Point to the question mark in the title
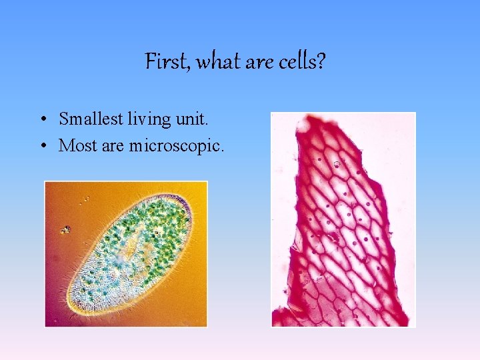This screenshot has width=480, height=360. pos(321,61)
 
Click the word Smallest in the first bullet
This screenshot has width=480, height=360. pos(91,119)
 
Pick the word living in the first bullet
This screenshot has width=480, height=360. pos(149,119)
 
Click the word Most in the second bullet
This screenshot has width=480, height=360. pos(78,145)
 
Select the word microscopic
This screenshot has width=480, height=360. pos(174,146)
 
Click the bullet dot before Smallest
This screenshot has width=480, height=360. pos(44,119)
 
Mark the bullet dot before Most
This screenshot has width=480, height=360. pos(44,146)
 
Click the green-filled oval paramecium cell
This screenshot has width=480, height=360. pos(130,255)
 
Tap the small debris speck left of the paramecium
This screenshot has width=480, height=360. pos(65,229)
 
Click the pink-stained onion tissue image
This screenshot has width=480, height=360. pos(343,219)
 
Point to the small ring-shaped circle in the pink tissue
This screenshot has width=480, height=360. pos(337,165)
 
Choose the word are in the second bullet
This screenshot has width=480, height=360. pos(113,146)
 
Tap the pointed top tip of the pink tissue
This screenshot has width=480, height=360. pos(307,116)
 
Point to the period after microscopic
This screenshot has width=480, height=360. pos(222,151)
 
